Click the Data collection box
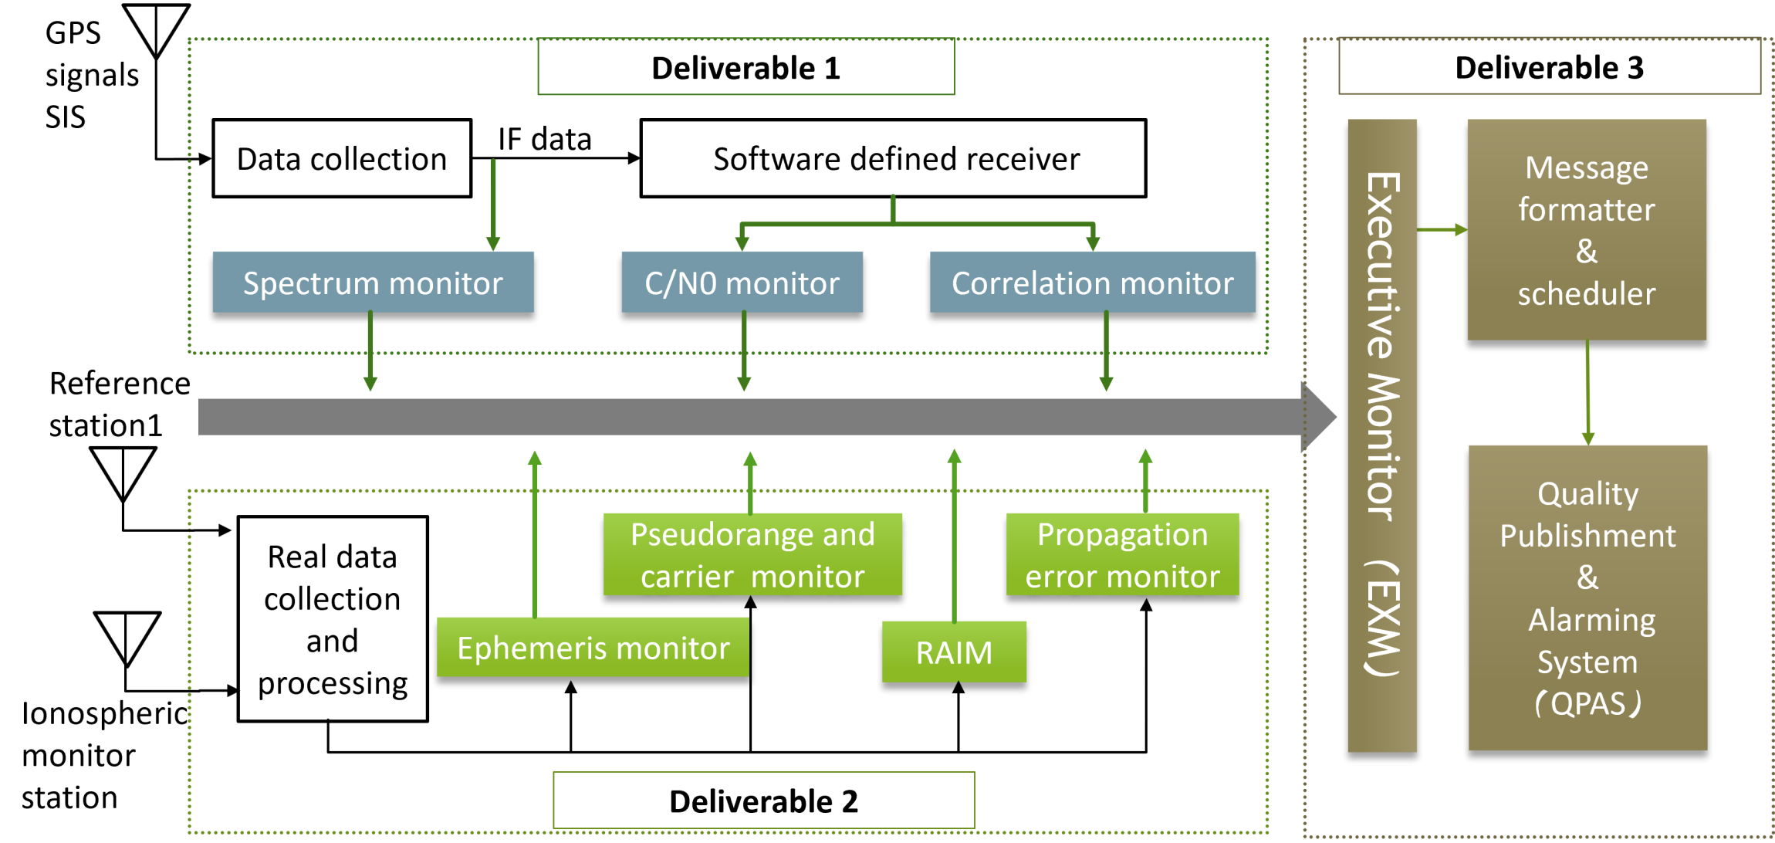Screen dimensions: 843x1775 (x=341, y=158)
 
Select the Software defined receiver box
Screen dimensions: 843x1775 (x=893, y=158)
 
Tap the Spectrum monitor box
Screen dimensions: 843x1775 (x=373, y=282)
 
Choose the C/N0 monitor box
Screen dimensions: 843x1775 (x=742, y=282)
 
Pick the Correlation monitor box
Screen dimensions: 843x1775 (x=1092, y=282)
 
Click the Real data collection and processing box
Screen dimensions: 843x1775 (x=332, y=619)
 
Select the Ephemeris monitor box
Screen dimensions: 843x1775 (x=592, y=647)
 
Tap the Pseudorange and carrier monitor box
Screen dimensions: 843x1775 (x=752, y=554)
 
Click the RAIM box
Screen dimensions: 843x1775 (x=954, y=652)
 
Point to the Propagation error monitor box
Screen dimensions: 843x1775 (x=1122, y=554)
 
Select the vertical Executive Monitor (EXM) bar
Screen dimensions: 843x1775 (x=1382, y=435)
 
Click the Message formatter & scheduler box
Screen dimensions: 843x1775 (x=1587, y=229)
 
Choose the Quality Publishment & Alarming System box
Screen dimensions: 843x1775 (x=1587, y=597)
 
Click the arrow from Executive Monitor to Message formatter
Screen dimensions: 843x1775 (x=1442, y=230)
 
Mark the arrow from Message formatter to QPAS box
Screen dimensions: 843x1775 (x=1587, y=392)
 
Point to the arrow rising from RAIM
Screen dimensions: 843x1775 (x=955, y=533)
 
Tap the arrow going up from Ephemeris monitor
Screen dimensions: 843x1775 (x=535, y=533)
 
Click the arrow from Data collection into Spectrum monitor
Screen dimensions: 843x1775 (x=493, y=205)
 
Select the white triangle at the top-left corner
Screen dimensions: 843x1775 (x=157, y=28)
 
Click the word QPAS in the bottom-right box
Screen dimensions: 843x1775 (x=1587, y=704)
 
